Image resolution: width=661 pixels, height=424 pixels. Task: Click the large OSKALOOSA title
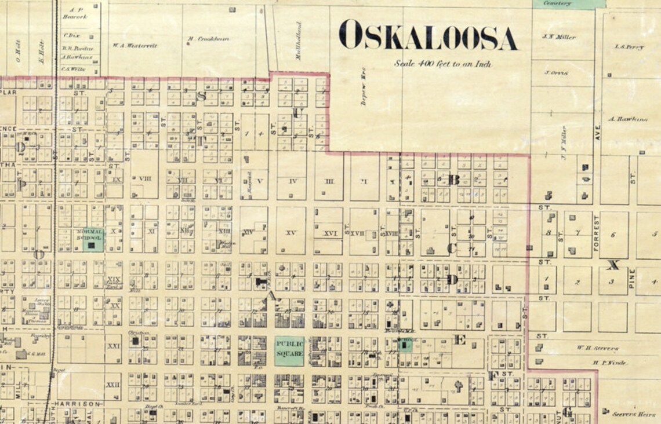point(428,36)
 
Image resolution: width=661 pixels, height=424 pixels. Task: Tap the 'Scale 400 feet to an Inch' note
point(443,64)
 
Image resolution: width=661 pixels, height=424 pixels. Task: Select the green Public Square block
point(289,351)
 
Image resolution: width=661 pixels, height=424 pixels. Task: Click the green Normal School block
point(89,239)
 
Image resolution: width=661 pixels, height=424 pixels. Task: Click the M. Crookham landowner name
point(208,39)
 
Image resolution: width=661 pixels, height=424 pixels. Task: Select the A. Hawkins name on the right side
point(628,119)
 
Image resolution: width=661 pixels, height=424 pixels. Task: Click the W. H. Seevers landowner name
point(597,348)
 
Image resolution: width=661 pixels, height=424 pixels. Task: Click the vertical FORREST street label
point(595,233)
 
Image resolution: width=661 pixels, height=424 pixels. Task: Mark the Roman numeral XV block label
point(291,233)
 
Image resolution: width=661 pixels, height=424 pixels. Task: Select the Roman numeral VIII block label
point(144,179)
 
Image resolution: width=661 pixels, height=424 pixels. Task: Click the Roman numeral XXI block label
point(114,346)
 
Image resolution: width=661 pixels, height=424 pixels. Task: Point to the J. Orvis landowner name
point(555,73)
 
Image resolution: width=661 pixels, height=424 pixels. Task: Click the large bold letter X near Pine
point(613,265)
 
